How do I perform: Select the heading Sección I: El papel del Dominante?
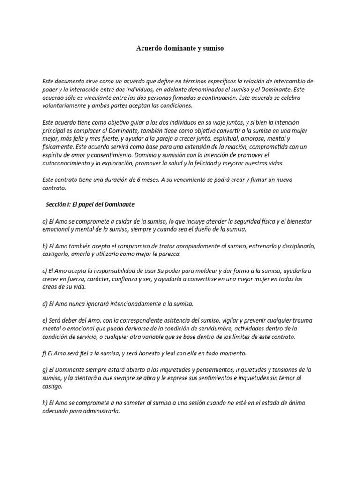(x=90, y=204)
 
